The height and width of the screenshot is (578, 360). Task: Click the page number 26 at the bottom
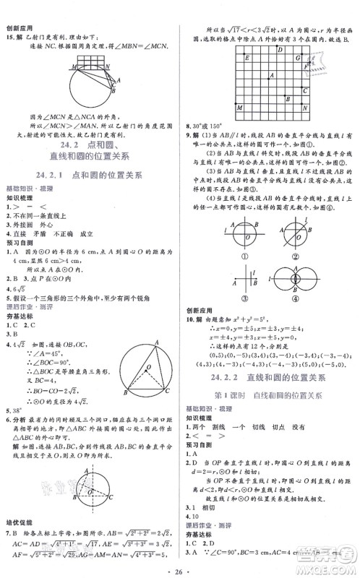(x=180, y=567)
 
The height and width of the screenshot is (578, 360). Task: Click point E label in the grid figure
(x=247, y=58)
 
